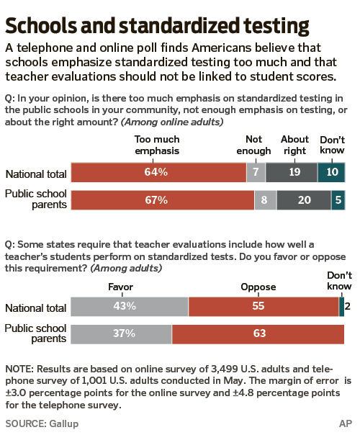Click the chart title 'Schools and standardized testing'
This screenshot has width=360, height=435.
click(x=158, y=26)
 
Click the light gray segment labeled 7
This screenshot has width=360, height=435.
click(x=256, y=173)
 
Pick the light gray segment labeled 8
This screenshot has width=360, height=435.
click(x=265, y=200)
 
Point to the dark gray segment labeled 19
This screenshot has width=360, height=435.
click(x=291, y=173)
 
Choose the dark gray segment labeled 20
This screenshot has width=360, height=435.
click(x=303, y=200)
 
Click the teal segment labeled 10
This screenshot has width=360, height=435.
click(x=331, y=173)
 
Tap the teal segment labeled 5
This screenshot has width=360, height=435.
click(x=338, y=200)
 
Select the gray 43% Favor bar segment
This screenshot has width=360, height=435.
click(x=129, y=307)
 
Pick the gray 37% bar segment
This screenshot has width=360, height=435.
click(x=121, y=333)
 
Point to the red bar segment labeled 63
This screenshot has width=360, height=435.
click(x=258, y=333)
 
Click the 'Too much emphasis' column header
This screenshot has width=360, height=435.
click(x=156, y=145)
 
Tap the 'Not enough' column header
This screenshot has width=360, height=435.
click(x=254, y=145)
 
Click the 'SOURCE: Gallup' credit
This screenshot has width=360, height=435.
click(x=41, y=422)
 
